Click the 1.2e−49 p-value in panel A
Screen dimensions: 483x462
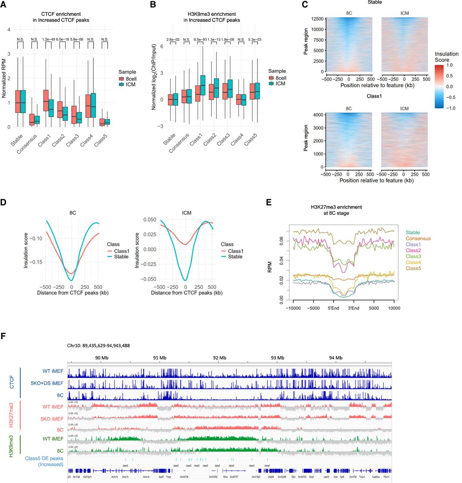point(48,39)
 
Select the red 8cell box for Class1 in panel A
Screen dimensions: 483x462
point(45,100)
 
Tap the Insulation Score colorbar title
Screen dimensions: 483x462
point(446,57)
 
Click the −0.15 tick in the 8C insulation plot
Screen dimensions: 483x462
point(36,262)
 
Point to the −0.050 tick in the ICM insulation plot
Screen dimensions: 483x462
point(148,279)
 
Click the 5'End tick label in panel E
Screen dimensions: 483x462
point(333,308)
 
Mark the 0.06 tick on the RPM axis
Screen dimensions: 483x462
point(281,241)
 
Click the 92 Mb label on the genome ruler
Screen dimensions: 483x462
point(219,358)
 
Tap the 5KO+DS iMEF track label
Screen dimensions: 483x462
point(47,383)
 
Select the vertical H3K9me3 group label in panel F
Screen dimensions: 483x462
point(11,446)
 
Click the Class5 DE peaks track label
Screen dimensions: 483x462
point(44,461)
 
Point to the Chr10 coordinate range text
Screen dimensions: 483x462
point(98,345)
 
